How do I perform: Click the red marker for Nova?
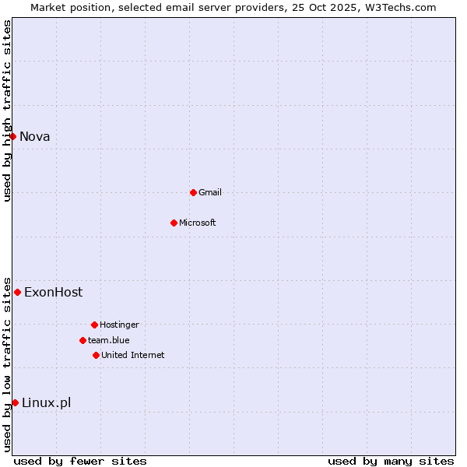coord(12,137)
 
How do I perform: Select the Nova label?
coord(35,137)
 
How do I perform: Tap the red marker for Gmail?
coord(193,192)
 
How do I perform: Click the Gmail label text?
coord(210,192)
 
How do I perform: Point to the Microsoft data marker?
coord(174,223)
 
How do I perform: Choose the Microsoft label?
coord(198,223)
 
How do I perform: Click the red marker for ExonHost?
coord(17,292)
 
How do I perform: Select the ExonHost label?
coord(53,293)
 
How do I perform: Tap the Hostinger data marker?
coord(94,325)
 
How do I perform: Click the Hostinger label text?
coord(119,325)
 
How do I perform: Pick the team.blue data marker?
coord(83,340)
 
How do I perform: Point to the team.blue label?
coord(109,340)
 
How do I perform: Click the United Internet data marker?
coord(96,355)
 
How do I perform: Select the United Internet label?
coord(133,355)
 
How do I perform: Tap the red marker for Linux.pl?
coord(15,402)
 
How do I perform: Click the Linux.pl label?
coord(46,402)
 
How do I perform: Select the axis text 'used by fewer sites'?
coord(80,461)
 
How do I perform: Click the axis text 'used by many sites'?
coord(391,461)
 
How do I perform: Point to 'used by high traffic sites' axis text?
coord(7,111)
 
